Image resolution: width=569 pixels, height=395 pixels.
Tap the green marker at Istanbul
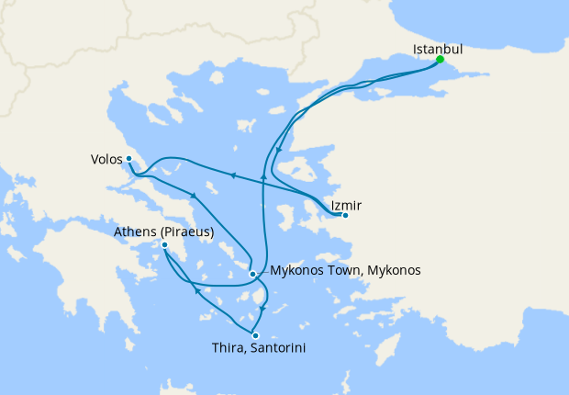tap(441, 60)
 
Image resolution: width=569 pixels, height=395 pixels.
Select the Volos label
tap(106, 157)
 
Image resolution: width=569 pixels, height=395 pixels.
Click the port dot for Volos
tap(129, 159)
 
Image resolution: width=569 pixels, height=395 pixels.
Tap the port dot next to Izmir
tap(345, 216)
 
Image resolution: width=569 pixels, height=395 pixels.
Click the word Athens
tap(134, 232)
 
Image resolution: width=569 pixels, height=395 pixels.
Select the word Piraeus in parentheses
tap(185, 232)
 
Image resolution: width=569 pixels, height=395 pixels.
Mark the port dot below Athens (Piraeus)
tap(164, 245)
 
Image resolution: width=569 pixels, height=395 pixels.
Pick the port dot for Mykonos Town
tap(252, 273)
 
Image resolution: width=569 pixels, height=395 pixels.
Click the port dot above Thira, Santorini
tap(255, 335)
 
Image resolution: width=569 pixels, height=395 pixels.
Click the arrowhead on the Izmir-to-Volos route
tap(233, 175)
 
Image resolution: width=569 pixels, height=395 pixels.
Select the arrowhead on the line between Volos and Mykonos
tap(194, 196)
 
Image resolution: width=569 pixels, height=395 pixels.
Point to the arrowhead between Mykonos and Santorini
tap(263, 310)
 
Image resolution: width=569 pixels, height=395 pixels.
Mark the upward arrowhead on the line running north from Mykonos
tap(263, 175)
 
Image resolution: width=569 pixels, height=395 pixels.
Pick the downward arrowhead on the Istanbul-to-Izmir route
tap(278, 150)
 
